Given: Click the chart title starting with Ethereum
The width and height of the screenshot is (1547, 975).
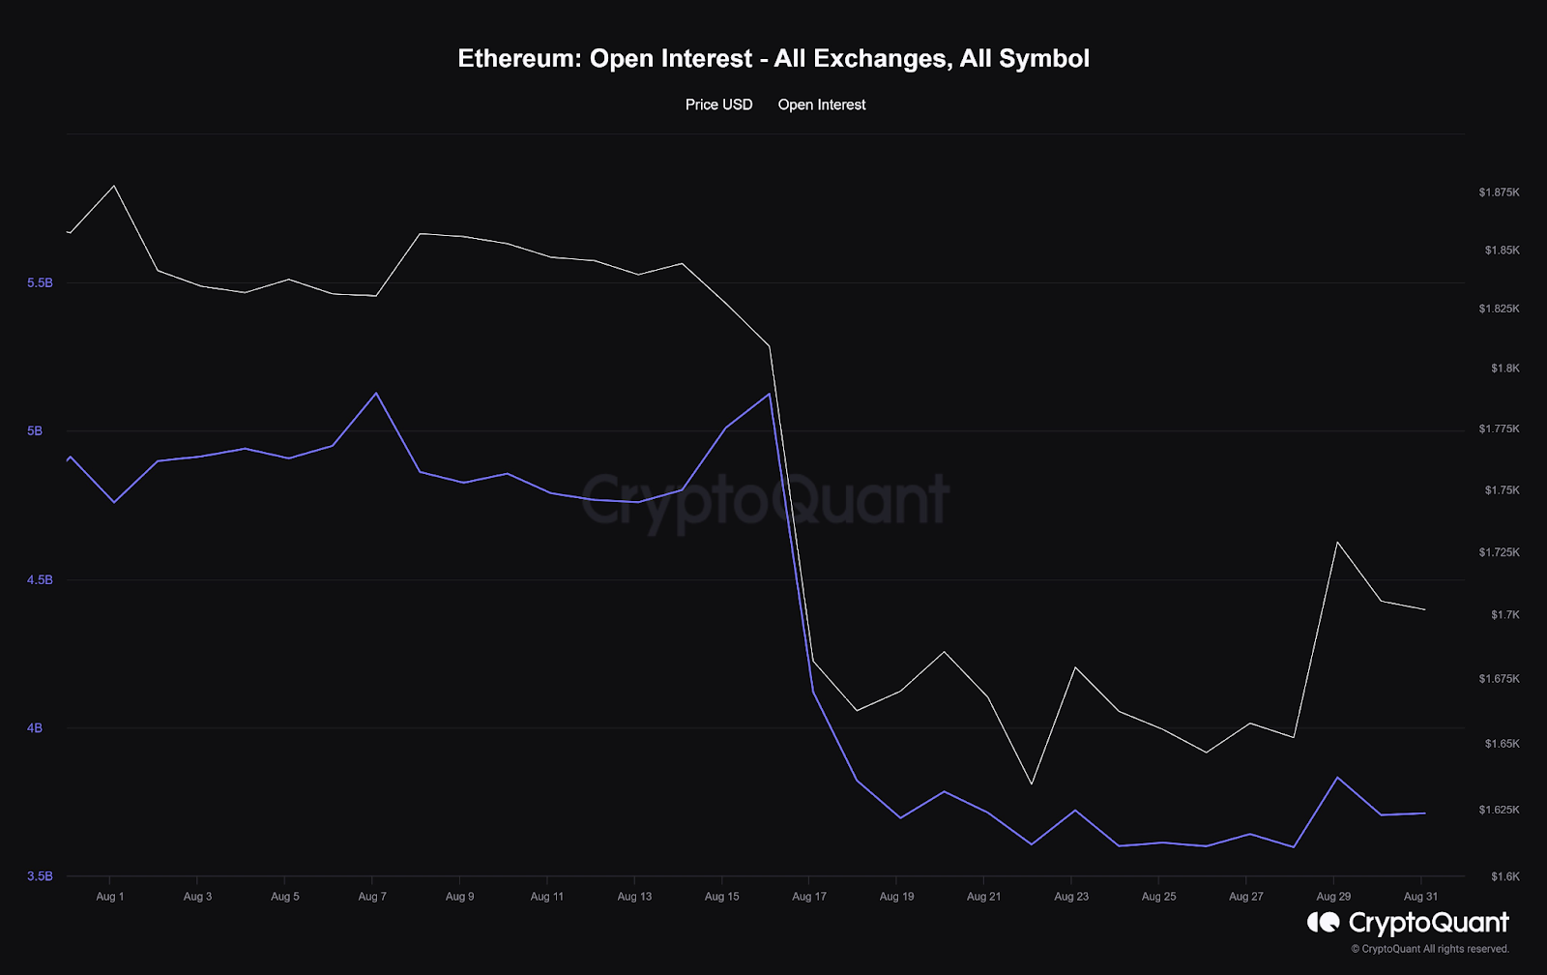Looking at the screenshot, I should pyautogui.click(x=773, y=59).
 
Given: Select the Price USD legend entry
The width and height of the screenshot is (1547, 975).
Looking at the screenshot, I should pyautogui.click(x=718, y=104).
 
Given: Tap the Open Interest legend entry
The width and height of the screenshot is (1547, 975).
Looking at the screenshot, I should pyautogui.click(x=822, y=104).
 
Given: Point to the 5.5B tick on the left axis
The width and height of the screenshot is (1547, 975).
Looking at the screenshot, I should pyautogui.click(x=40, y=282).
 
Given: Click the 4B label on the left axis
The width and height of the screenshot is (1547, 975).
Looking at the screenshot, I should pyautogui.click(x=35, y=727).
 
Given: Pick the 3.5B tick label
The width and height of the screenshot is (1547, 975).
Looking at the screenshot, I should pyautogui.click(x=40, y=876).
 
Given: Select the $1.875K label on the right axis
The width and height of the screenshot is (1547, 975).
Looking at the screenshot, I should pyautogui.click(x=1499, y=192).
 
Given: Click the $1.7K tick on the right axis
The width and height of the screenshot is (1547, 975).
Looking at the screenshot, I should pyautogui.click(x=1504, y=614).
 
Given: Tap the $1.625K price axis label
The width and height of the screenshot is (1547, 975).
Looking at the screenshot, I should pyautogui.click(x=1499, y=810).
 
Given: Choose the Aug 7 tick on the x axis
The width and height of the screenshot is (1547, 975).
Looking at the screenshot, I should pyautogui.click(x=372, y=897).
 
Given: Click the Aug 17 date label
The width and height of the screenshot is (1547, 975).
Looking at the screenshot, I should pyautogui.click(x=809, y=897).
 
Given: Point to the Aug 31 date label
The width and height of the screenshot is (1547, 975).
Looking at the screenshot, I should pyautogui.click(x=1420, y=897).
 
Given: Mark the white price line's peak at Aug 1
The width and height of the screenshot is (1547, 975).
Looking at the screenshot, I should pyautogui.click(x=114, y=186).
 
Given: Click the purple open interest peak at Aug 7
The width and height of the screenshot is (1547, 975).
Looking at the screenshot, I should pyautogui.click(x=376, y=393).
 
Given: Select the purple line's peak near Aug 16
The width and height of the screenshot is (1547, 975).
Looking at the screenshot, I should pyautogui.click(x=769, y=394).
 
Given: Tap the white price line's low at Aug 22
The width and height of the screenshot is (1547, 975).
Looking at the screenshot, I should pyautogui.click(x=1032, y=783).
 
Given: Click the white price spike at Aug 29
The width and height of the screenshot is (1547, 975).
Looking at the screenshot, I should pyautogui.click(x=1337, y=542).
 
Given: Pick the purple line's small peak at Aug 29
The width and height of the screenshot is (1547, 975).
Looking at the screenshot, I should pyautogui.click(x=1337, y=778).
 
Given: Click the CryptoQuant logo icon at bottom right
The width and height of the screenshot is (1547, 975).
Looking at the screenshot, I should pyautogui.click(x=1323, y=922).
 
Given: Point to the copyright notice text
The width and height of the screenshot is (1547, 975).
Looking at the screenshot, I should pyautogui.click(x=1430, y=949).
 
